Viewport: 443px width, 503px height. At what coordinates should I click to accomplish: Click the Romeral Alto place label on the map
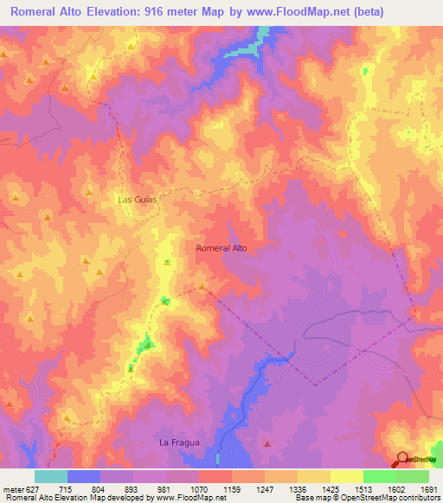tap(221, 248)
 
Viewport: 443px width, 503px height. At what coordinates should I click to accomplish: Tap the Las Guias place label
tap(136, 199)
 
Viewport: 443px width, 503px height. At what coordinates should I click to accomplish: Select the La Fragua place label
tap(179, 443)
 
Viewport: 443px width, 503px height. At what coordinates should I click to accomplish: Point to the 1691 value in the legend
tap(429, 488)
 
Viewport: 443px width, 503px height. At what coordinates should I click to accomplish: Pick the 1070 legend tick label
tap(199, 488)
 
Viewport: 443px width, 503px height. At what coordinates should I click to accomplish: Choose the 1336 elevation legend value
tap(298, 488)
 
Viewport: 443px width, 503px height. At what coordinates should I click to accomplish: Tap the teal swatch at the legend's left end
tap(51, 476)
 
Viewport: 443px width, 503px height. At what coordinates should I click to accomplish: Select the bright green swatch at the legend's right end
tap(413, 476)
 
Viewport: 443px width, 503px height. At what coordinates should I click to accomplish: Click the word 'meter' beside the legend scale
tap(11, 488)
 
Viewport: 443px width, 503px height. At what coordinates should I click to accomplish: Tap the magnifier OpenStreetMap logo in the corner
tap(403, 459)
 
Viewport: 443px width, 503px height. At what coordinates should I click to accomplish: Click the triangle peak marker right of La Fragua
tap(267, 443)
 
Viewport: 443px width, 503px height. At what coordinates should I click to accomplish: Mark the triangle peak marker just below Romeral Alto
tap(202, 287)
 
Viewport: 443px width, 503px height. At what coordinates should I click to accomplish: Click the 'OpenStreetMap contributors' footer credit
tap(396, 498)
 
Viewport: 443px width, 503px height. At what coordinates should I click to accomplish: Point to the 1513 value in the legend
tap(363, 488)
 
